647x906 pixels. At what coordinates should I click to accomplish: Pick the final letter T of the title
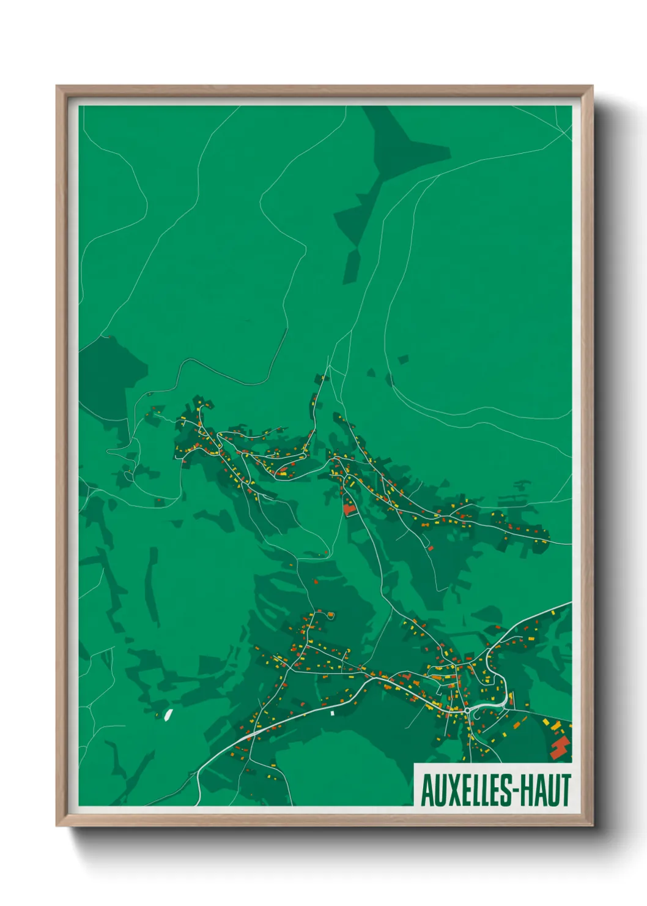coord(566,790)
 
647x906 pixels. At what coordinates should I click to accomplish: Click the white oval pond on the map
coord(168,714)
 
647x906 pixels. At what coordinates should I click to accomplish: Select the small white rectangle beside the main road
coord(333,713)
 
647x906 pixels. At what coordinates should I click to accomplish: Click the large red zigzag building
coord(560,747)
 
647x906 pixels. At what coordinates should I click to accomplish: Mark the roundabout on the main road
coord(467,710)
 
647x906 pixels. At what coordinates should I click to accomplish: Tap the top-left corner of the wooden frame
coord(57,86)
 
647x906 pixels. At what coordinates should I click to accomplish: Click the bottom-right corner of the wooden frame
coord(592,825)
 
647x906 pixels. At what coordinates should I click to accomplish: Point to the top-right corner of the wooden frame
coord(592,86)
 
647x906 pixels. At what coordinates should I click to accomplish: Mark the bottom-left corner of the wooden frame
coord(57,825)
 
